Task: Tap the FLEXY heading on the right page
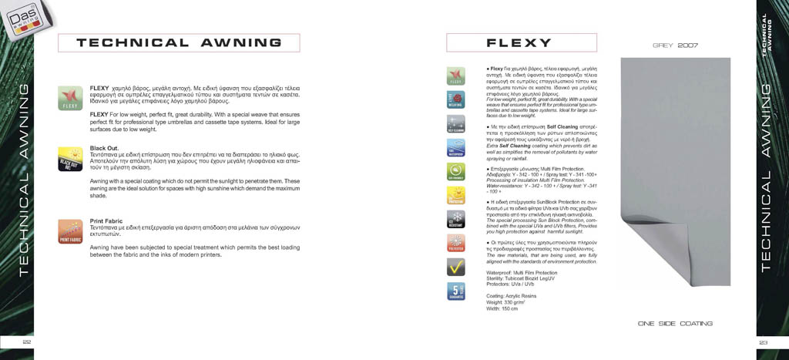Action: pos(519,43)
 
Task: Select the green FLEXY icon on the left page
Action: pos(70,97)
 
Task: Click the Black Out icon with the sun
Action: pos(70,159)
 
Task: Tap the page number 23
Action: pos(764,342)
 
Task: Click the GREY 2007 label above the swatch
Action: pos(675,46)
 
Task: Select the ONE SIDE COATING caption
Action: pos(675,324)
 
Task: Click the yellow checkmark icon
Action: pos(456,267)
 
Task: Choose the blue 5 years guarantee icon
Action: pos(456,291)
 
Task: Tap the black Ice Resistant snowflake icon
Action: pos(456,219)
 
